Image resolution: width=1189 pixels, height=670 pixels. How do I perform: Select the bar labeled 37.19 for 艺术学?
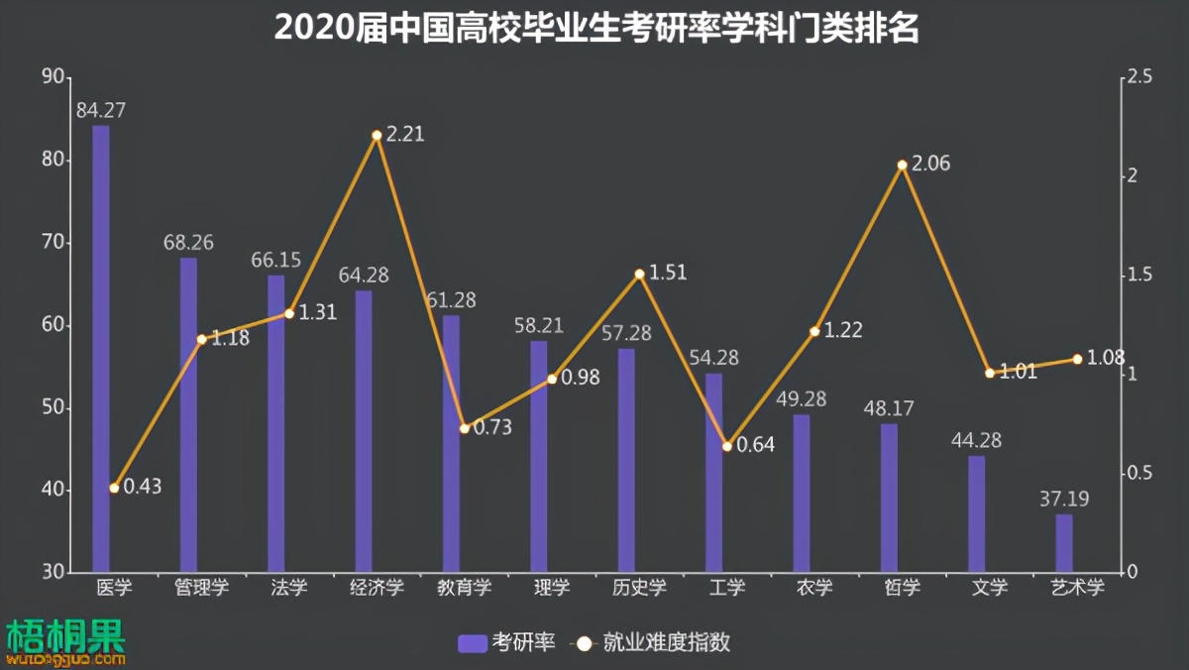tap(1064, 543)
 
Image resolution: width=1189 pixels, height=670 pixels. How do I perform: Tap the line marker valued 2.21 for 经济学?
tap(377, 135)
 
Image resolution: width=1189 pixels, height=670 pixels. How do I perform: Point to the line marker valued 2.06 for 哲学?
tap(902, 166)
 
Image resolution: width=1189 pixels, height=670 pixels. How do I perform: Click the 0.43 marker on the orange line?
tap(114, 488)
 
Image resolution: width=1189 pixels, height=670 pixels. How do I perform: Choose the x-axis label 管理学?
tap(201, 588)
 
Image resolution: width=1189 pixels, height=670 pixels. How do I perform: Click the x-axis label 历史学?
tap(639, 588)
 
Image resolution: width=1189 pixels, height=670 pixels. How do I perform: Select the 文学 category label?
tap(989, 588)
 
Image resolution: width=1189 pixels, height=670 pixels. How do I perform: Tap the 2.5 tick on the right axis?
tap(1137, 77)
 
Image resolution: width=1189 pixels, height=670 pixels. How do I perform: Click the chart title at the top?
tap(595, 29)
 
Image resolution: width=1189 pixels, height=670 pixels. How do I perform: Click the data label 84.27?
tap(101, 110)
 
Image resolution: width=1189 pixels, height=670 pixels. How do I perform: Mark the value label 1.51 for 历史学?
tap(668, 273)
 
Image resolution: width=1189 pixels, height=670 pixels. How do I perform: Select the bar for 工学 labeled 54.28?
tap(713, 472)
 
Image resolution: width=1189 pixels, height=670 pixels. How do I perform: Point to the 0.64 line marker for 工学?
tap(726, 446)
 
